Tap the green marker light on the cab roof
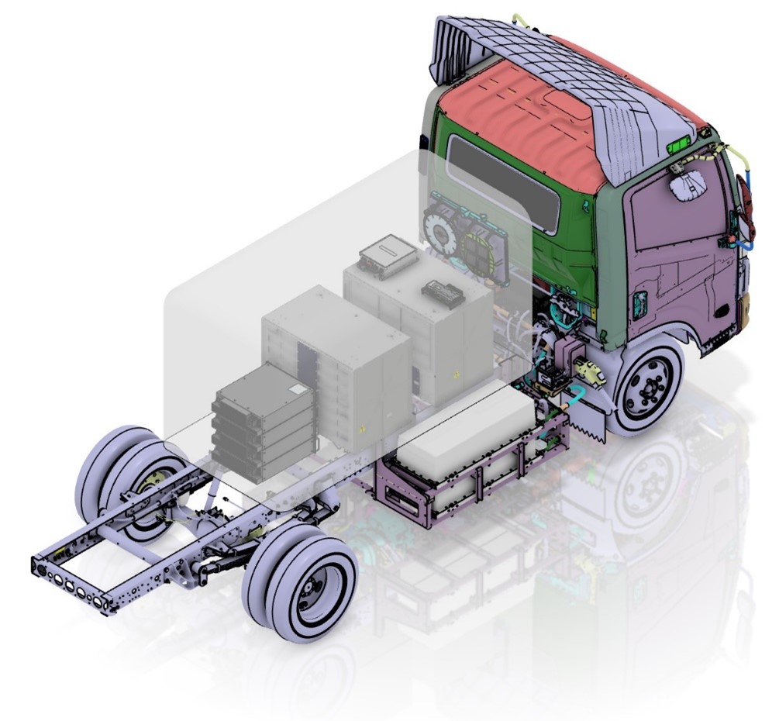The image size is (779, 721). (x=678, y=144)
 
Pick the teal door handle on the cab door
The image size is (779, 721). (x=641, y=304)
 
